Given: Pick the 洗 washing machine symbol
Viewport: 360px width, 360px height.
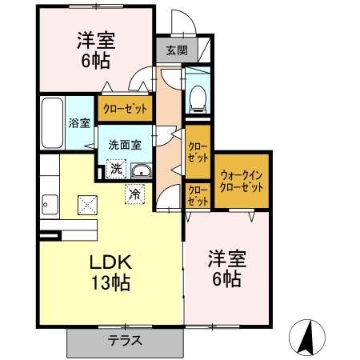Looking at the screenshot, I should pos(115,169).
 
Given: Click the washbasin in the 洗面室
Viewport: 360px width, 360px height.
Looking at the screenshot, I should pos(141,170).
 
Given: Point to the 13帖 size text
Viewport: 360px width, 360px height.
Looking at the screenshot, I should pos(104,283).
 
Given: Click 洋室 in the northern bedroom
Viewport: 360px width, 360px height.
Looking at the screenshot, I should pos(94,38).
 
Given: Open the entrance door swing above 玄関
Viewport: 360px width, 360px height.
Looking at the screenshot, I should pos(182,22).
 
